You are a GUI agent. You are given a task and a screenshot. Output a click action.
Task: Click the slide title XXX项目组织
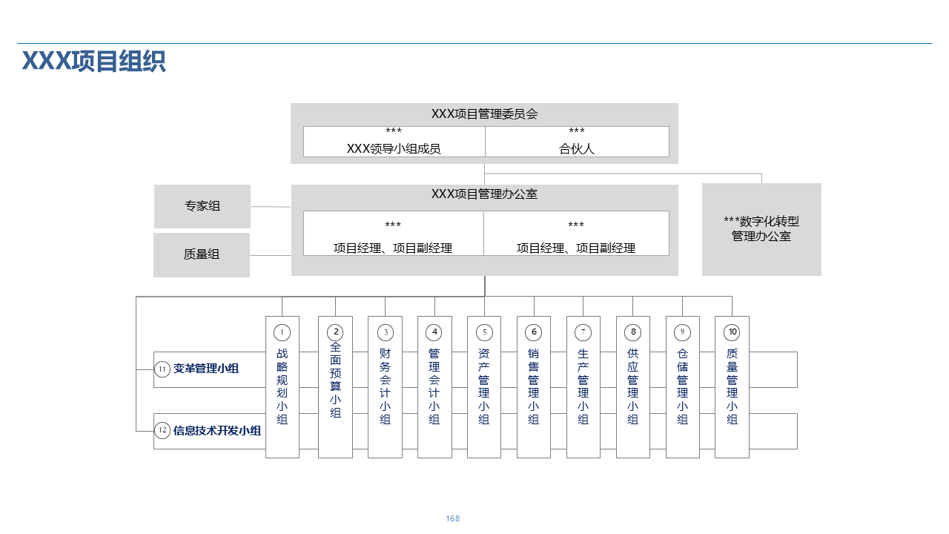click(x=93, y=61)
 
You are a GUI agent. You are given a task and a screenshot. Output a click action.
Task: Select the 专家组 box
click(x=202, y=206)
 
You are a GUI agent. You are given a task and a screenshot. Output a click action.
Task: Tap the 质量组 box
click(x=202, y=254)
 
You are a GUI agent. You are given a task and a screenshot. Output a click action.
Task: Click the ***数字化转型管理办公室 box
click(x=761, y=229)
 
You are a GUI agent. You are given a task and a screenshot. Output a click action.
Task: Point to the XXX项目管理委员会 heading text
click(x=484, y=114)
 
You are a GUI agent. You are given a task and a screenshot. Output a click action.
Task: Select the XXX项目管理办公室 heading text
click(x=484, y=194)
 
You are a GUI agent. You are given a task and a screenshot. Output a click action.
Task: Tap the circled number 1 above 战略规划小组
click(x=282, y=332)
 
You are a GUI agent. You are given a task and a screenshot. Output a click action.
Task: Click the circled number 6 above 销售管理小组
click(x=534, y=332)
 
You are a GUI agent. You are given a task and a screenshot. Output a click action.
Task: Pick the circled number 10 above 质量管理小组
click(x=732, y=332)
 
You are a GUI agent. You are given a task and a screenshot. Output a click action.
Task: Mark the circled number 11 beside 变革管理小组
click(x=162, y=369)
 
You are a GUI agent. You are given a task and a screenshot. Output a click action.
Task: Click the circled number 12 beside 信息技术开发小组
click(x=162, y=430)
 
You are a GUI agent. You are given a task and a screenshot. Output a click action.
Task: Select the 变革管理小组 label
click(x=206, y=369)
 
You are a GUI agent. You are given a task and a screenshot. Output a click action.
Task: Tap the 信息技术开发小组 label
click(x=217, y=430)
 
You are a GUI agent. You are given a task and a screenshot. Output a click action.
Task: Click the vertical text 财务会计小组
click(x=385, y=386)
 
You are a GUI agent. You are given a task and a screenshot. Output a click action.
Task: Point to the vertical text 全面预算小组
click(x=335, y=380)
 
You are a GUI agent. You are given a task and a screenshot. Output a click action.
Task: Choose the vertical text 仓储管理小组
click(x=682, y=386)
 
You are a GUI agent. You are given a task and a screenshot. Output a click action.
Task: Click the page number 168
click(x=453, y=518)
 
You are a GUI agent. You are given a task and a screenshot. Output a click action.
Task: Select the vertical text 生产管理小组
click(x=583, y=386)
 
